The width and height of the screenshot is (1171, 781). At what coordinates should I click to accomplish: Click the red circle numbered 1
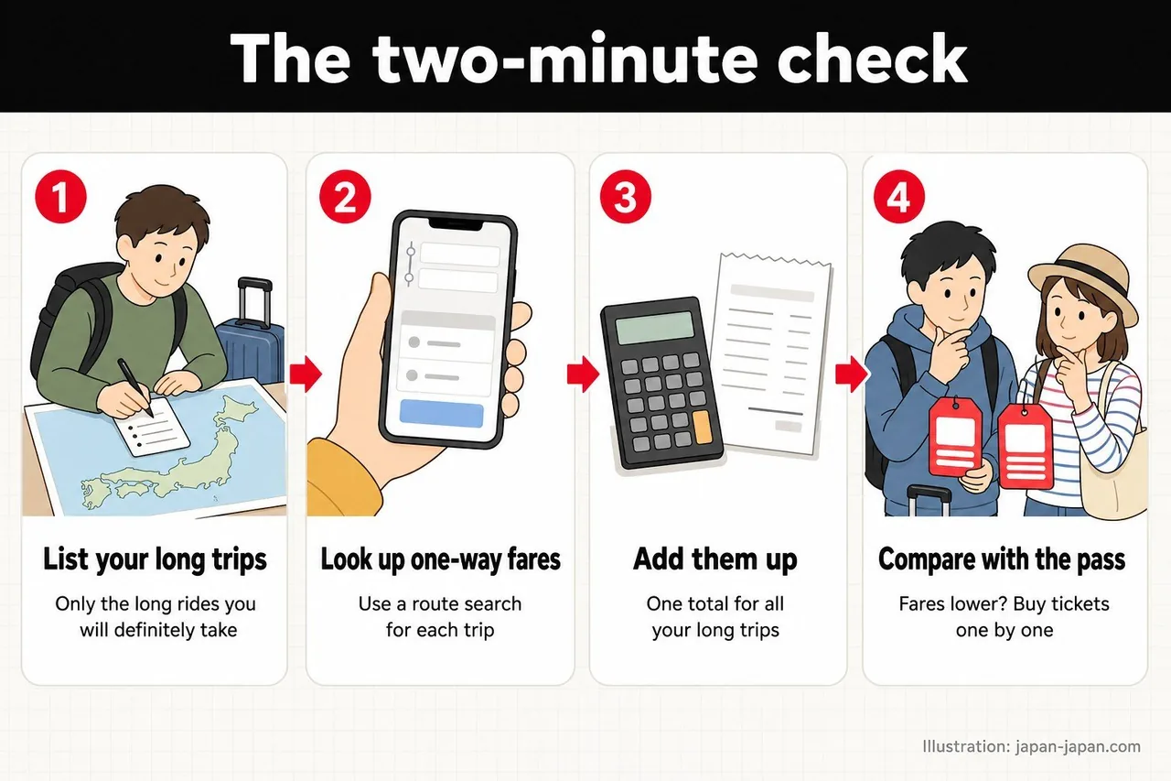tap(60, 197)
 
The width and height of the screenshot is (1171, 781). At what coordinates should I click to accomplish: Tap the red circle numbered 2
tap(345, 197)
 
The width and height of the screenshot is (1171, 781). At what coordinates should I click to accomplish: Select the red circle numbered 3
tap(625, 197)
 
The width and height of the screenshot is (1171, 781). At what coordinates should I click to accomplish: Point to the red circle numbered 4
tap(899, 197)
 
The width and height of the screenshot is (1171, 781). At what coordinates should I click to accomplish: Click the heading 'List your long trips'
tap(155, 560)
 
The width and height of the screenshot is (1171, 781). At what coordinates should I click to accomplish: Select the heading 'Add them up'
tap(715, 559)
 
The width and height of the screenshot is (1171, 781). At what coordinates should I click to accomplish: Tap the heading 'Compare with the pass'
tap(1002, 560)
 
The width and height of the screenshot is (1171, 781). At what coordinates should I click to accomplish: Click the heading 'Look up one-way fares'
tap(440, 560)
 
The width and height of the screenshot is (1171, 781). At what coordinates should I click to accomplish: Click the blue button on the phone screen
tap(442, 414)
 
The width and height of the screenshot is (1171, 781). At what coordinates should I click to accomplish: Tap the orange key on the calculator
tap(702, 428)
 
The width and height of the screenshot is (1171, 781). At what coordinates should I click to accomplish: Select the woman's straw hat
tap(1084, 283)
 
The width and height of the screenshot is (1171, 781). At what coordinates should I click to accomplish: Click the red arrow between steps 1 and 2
tap(306, 374)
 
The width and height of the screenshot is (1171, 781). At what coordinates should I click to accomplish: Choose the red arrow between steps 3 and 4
tap(852, 374)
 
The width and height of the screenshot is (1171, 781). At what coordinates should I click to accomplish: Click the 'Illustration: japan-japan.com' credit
tap(1031, 746)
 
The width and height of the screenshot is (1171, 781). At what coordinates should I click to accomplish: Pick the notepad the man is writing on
tap(152, 427)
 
